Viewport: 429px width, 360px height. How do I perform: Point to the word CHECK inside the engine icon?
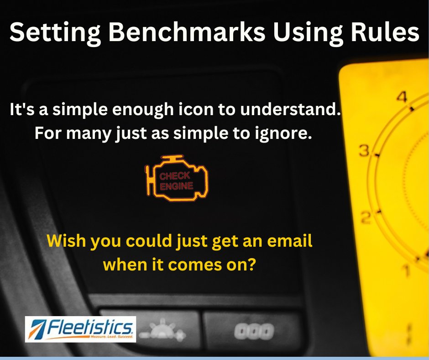(x=174, y=175)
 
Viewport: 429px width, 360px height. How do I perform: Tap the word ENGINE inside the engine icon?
(x=177, y=186)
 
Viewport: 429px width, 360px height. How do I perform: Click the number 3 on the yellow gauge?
(x=364, y=151)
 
